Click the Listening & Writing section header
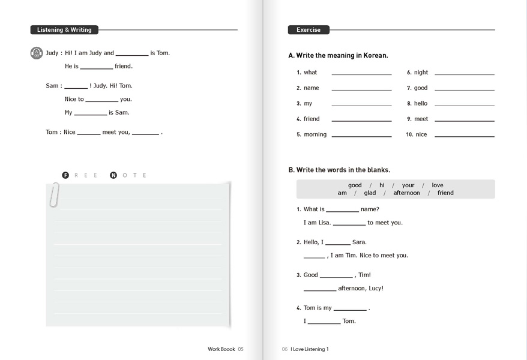(64, 30)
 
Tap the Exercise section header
(309, 30)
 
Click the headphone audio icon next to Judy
(37, 53)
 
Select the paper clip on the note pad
(55, 195)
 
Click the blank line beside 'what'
(361, 73)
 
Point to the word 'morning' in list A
(315, 135)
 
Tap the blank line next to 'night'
(464, 73)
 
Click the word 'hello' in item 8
(421, 104)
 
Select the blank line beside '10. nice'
(464, 136)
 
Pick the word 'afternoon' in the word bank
(406, 193)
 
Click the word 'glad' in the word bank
(370, 193)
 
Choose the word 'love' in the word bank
(438, 185)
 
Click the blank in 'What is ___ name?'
(342, 211)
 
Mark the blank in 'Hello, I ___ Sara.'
(338, 244)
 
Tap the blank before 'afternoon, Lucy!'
(320, 289)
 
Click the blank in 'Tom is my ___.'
(350, 309)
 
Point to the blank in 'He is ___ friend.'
(96, 67)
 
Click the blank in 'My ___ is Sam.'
(90, 113)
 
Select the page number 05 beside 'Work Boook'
(241, 349)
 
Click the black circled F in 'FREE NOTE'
(65, 175)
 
